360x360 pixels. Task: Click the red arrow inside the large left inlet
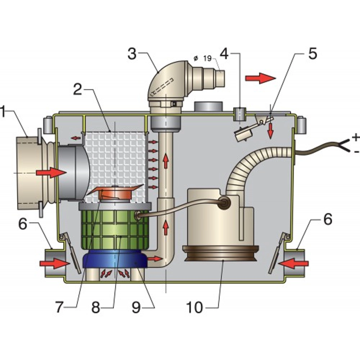pyautogui.click(x=50, y=172)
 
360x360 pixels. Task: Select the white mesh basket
pyautogui.click(x=115, y=155)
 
